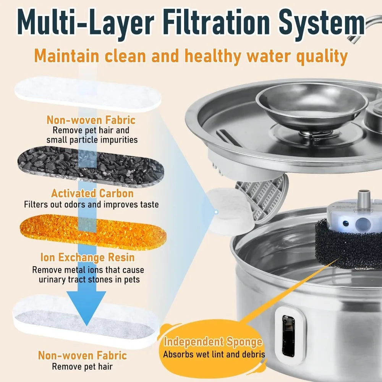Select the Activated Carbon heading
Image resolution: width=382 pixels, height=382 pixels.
coord(92,193)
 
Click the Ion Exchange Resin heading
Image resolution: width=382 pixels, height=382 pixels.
coord(87,257)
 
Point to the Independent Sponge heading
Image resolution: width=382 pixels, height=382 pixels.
coord(213,342)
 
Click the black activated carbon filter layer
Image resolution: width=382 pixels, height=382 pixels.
coord(91,167)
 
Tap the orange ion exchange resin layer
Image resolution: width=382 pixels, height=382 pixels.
coord(93,232)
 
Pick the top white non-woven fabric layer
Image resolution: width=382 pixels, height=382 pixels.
coord(88,94)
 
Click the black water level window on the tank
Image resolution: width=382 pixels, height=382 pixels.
coord(288,336)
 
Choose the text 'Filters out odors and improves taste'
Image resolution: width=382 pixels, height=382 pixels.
coord(91,204)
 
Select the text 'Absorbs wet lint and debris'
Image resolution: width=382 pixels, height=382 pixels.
coord(214,354)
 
